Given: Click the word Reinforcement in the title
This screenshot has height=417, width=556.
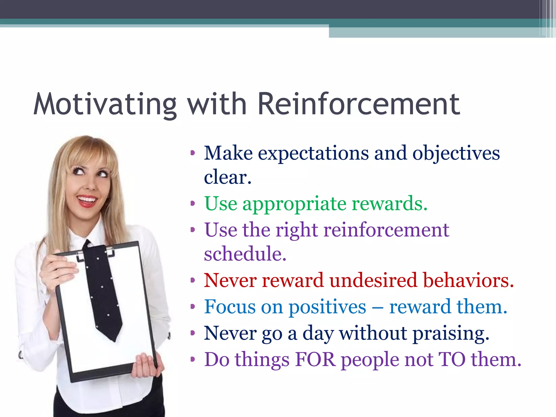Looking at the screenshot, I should [x=358, y=104].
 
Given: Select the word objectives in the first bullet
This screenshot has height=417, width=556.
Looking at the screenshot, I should [x=456, y=153].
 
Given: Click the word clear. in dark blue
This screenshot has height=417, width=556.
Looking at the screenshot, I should [x=228, y=177].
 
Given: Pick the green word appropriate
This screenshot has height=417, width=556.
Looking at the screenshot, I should [x=294, y=204].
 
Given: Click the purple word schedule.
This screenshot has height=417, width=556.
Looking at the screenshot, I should [x=245, y=254].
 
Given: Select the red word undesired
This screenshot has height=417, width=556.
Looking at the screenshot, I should [x=373, y=280].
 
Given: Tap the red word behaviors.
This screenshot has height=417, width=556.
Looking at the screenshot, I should [x=468, y=280].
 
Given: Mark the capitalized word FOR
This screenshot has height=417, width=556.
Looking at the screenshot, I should [x=315, y=360].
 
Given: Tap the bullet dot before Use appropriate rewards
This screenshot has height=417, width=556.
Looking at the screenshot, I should [x=193, y=203].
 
